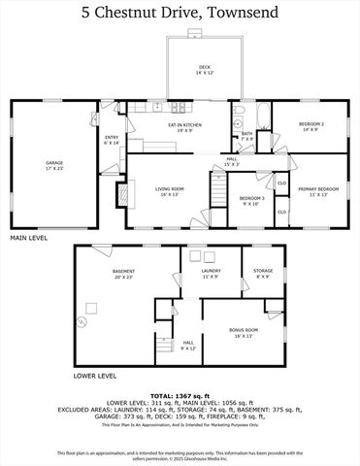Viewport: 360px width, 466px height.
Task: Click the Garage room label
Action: coord(53,164)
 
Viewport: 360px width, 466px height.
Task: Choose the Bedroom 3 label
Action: coord(253,201)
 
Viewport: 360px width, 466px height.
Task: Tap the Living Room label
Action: coord(170,191)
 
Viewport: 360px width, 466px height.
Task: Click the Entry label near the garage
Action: coord(112,141)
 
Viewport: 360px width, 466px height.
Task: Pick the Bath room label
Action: coord(246,137)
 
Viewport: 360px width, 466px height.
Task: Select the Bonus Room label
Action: coord(243,333)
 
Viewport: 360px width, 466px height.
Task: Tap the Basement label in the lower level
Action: coord(123,274)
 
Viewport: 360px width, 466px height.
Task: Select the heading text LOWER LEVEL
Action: coord(95,375)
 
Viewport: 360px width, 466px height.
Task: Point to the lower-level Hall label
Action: coord(188,345)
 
